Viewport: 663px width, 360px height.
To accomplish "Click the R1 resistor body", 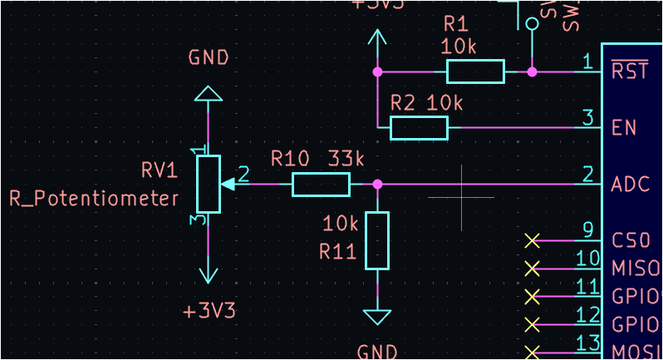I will click(x=475, y=72).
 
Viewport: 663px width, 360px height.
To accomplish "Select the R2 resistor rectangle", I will click(x=419, y=128).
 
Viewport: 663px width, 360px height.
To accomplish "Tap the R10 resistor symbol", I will click(x=322, y=184).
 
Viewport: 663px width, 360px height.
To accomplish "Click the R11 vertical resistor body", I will click(x=377, y=240).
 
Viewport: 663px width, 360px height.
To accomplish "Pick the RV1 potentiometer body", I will click(x=209, y=184).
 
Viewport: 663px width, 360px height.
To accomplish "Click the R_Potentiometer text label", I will click(x=94, y=199).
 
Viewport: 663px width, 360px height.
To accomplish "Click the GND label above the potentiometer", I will click(x=209, y=58).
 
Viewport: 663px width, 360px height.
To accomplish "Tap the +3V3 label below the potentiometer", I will click(x=209, y=311).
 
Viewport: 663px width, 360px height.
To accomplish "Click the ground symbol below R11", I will click(x=377, y=317).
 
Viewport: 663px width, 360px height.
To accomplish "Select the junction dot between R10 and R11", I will click(x=377, y=184).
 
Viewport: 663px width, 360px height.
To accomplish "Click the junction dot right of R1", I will click(x=532, y=72).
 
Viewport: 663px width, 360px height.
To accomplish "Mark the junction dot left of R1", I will click(x=377, y=72).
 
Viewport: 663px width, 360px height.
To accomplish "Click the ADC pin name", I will click(x=630, y=184).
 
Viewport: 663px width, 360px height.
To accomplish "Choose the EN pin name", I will click(x=624, y=128).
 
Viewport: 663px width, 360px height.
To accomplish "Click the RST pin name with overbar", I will click(x=629, y=72).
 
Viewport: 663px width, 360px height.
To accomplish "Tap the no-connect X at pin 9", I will click(x=533, y=240).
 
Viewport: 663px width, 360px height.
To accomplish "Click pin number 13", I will click(x=587, y=343).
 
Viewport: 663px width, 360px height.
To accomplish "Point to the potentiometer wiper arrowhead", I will click(x=228, y=184).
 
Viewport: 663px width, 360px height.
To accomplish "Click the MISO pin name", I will click(x=636, y=269).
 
